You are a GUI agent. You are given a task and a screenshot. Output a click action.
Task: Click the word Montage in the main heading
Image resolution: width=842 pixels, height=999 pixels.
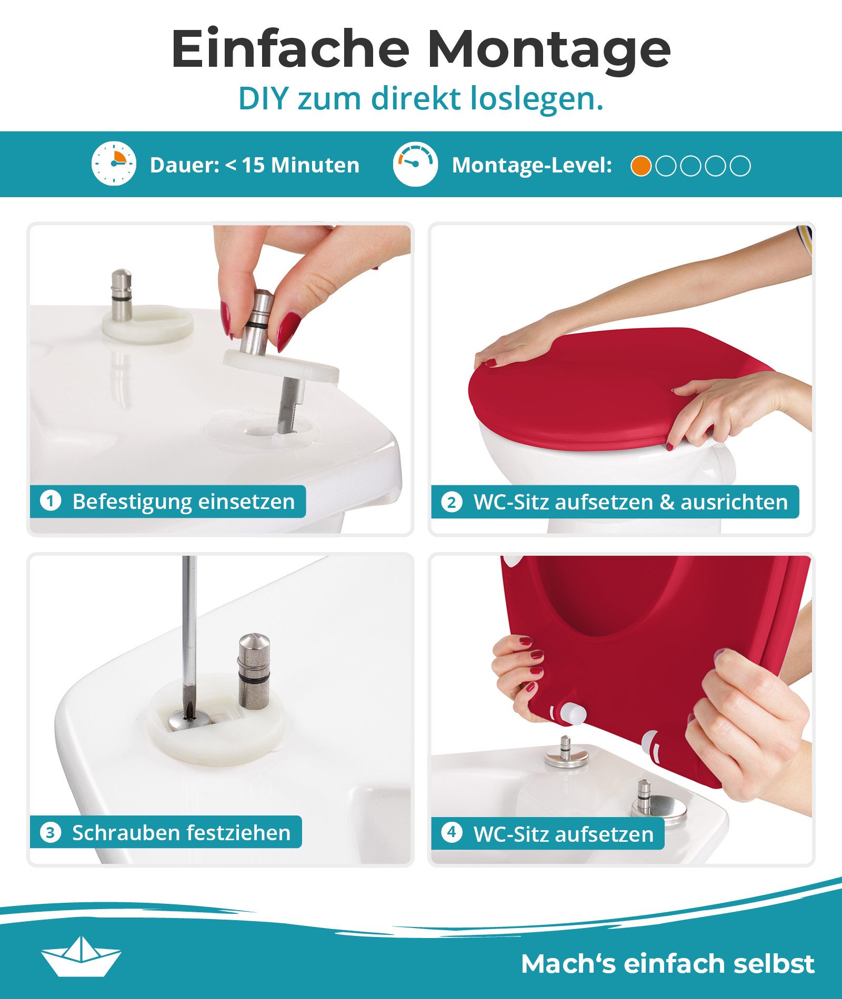tap(548, 50)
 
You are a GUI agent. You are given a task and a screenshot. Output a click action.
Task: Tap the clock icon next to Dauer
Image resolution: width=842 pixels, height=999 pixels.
tap(114, 164)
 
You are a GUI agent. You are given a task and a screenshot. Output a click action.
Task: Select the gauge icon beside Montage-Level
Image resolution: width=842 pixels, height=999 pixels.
tap(415, 164)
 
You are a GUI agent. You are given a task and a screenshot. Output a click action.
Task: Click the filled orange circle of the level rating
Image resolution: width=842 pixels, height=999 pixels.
tap(641, 166)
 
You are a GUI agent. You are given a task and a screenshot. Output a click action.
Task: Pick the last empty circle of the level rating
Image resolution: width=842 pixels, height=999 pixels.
tap(740, 166)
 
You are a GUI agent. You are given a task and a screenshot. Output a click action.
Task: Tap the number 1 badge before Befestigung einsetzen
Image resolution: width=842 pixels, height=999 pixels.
tap(51, 501)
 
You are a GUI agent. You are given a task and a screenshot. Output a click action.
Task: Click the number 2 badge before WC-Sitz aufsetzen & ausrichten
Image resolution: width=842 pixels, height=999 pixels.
tap(452, 502)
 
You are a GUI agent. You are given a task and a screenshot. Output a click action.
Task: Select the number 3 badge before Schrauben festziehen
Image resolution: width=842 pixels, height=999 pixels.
tap(51, 832)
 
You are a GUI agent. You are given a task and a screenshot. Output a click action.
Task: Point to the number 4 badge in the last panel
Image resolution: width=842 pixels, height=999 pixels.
tap(452, 832)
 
